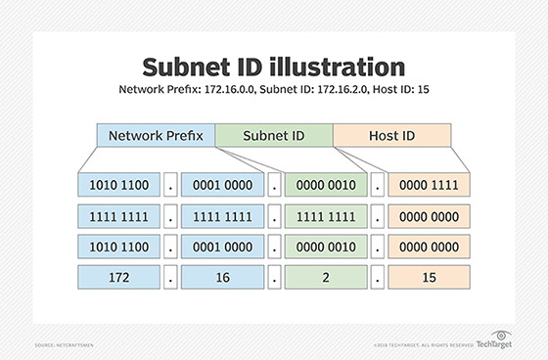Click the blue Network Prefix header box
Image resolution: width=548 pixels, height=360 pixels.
156,136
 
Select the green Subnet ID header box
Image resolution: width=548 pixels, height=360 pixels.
274,136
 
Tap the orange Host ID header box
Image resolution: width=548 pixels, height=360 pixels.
391,136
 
